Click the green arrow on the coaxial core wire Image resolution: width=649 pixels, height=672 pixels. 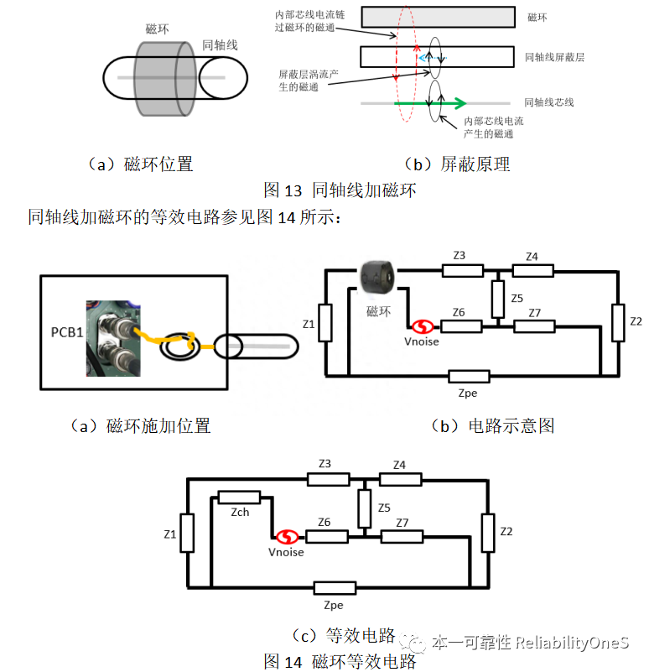coord(431,103)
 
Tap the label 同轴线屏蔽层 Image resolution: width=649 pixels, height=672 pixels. coord(554,57)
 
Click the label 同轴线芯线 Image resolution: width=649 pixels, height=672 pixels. coord(549,102)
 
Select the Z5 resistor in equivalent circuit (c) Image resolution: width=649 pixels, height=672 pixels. coord(364,508)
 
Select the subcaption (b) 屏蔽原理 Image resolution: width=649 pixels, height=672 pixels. coord(457,164)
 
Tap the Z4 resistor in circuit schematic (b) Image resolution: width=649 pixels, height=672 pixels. coord(532,270)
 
